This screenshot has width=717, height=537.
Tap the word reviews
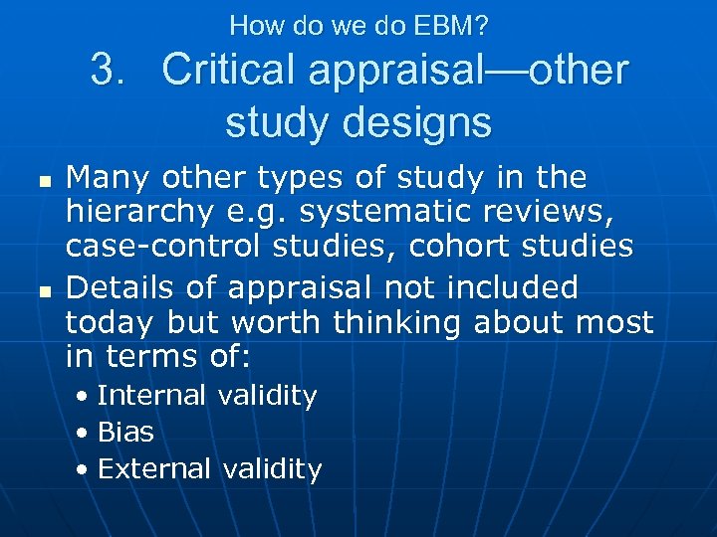(x=545, y=213)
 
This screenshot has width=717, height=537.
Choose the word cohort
(x=445, y=247)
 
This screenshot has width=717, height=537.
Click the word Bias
(x=125, y=433)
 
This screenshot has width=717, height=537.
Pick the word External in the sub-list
(x=154, y=468)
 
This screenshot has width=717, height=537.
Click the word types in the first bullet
(x=299, y=178)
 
